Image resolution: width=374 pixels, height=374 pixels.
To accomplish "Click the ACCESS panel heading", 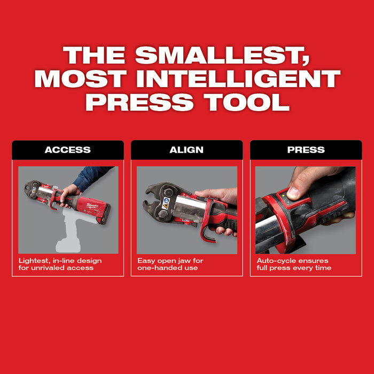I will click(x=68, y=150).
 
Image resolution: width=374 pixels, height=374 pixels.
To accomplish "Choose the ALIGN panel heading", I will click(x=186, y=150).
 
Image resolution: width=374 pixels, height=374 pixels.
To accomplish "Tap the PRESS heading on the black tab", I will click(x=306, y=150).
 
